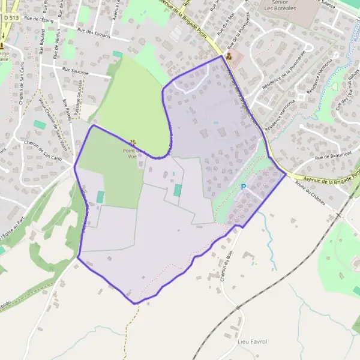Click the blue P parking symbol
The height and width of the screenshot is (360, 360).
244,187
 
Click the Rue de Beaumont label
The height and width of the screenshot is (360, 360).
328,156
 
